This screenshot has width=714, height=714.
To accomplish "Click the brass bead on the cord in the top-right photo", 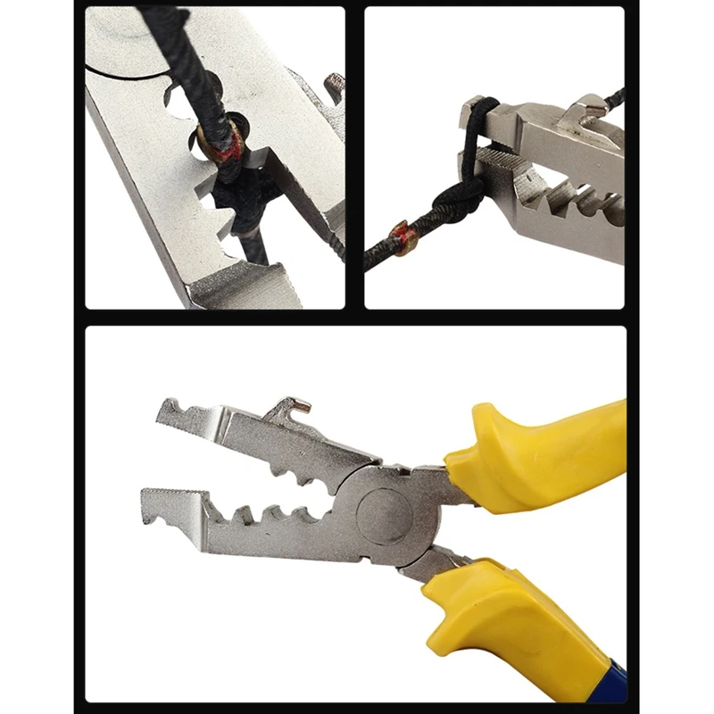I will [x=403, y=238].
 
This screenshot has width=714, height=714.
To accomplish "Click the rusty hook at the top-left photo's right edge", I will [x=335, y=87].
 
